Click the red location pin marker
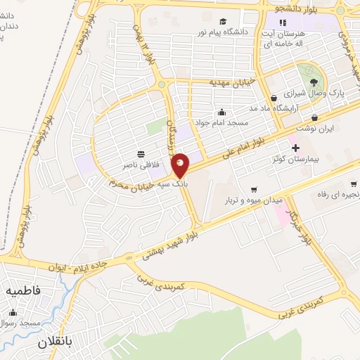pyautogui.click(x=181, y=165)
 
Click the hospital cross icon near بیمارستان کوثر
pyautogui.click(x=295, y=148)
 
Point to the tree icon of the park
pyautogui.click(x=314, y=82)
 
